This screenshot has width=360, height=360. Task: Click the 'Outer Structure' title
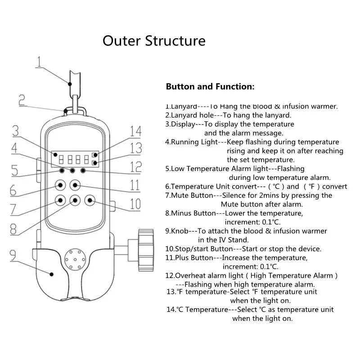pos(154,41)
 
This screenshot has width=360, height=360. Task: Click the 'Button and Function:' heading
pos(210,86)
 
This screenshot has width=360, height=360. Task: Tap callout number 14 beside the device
pos(135,131)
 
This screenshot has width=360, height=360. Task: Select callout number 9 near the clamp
pos(13,255)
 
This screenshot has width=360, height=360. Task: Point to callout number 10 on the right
pos(135,204)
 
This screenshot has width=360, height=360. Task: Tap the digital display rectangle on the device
pos(74,158)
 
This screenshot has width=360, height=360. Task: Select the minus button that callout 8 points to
pos(75,199)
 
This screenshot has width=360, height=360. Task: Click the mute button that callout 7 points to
pos(59,199)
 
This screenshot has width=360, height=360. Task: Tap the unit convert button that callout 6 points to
pos(59,184)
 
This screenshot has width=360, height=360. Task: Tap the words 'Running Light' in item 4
pos(193,142)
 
